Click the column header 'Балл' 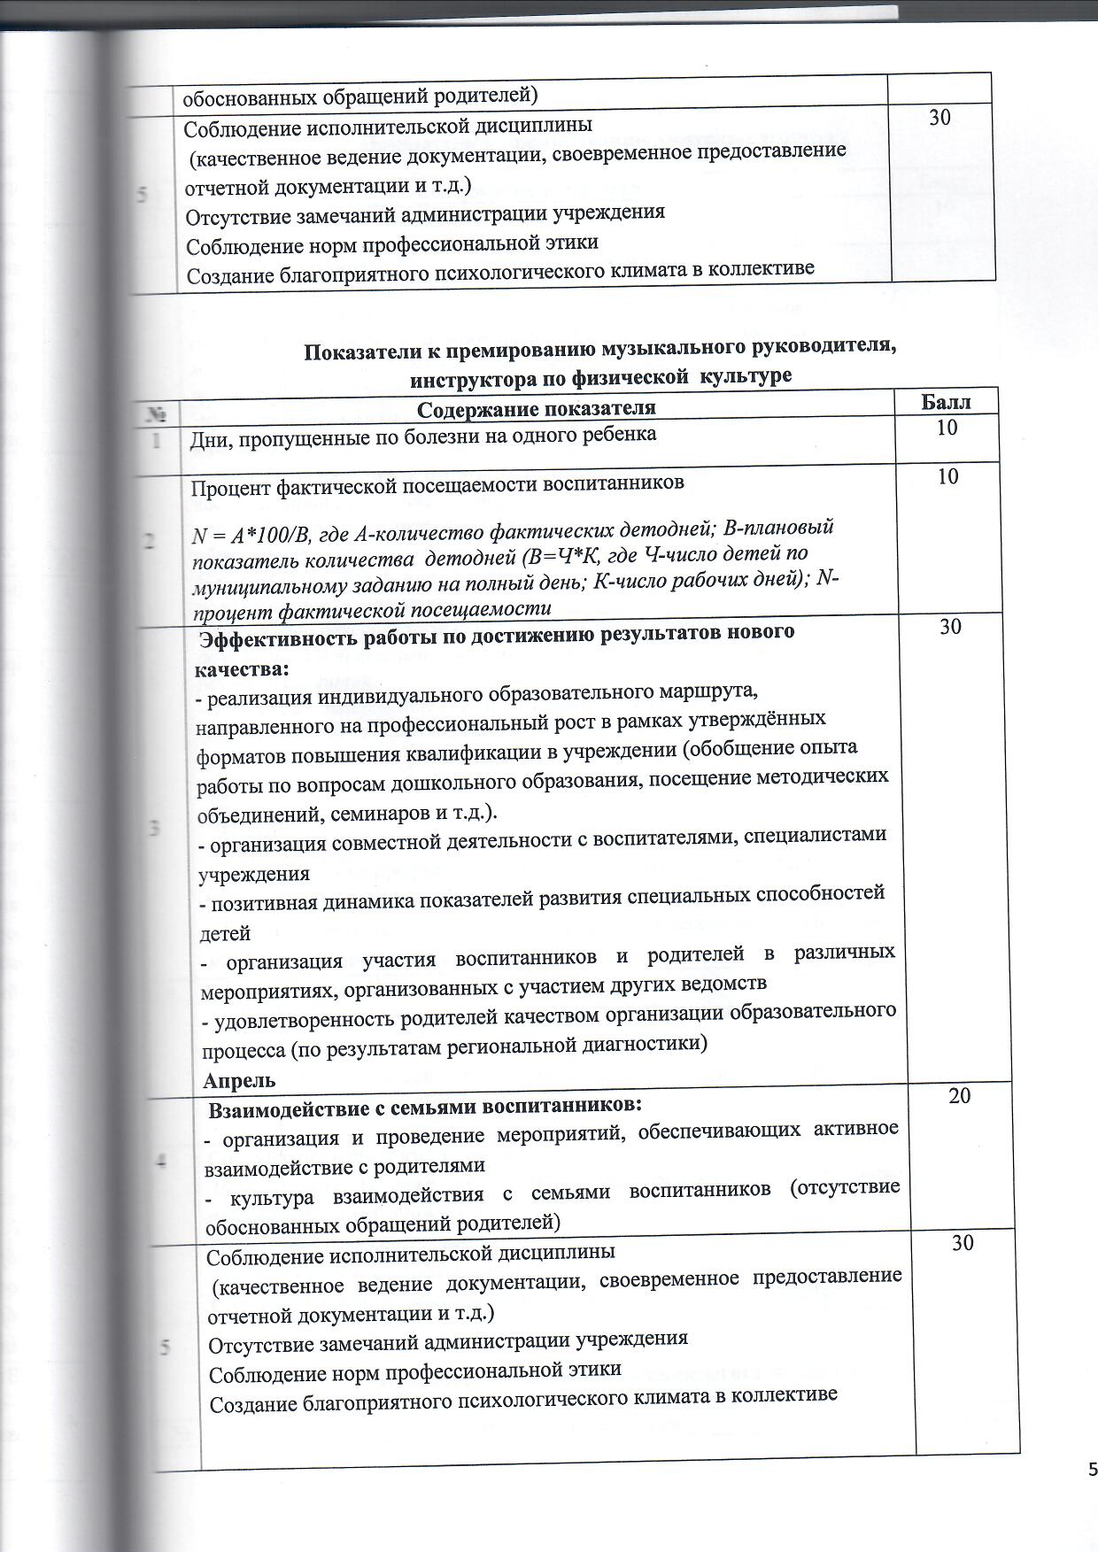click(946, 402)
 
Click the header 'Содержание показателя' click(536, 408)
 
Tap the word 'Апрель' click(239, 1080)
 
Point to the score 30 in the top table click(939, 117)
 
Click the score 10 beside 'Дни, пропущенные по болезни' click(947, 429)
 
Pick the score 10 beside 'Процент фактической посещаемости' click(947, 477)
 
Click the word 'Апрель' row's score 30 click(950, 627)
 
